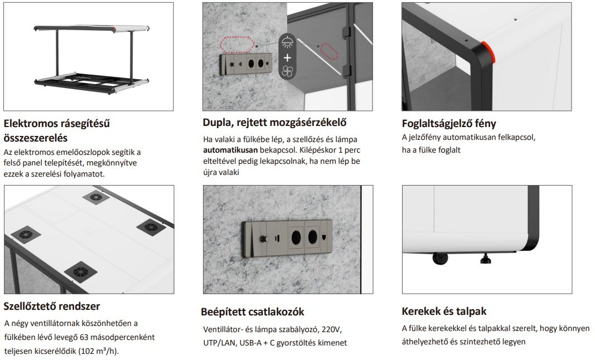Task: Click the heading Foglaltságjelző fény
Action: pyautogui.click(x=448, y=123)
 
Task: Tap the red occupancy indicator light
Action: pyautogui.click(x=488, y=52)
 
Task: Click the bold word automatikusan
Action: pyautogui.click(x=230, y=150)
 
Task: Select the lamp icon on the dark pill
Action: pyautogui.click(x=287, y=42)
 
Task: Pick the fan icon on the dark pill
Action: pyautogui.click(x=287, y=71)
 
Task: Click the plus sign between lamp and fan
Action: pyautogui.click(x=287, y=57)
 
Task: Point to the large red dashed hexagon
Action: pyautogui.click(x=237, y=45)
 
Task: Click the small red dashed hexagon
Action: pyautogui.click(x=329, y=52)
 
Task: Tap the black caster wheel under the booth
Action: pyautogui.click(x=440, y=259)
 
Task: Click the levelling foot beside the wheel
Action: pyautogui.click(x=485, y=259)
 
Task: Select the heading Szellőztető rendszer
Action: pyautogui.click(x=52, y=306)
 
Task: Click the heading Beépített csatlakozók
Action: pyautogui.click(x=253, y=312)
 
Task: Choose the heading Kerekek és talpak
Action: pyautogui.click(x=444, y=312)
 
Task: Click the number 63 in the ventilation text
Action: pyautogui.click(x=84, y=337)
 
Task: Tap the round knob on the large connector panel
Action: pyautogui.click(x=262, y=240)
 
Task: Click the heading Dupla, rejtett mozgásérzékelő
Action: pyautogui.click(x=274, y=123)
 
